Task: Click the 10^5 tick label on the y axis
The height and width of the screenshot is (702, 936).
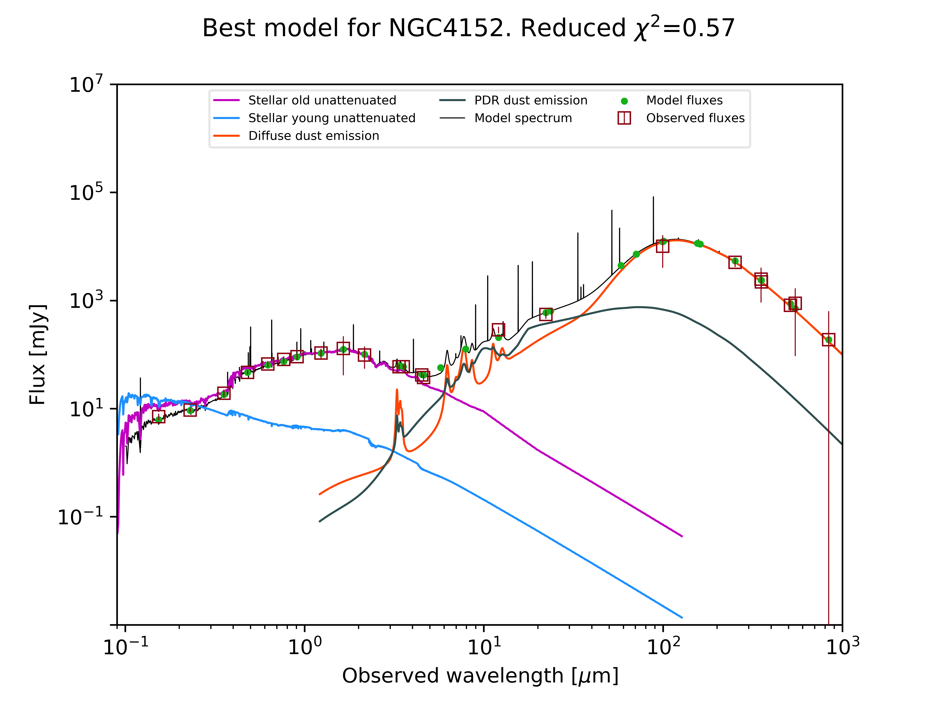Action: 86,193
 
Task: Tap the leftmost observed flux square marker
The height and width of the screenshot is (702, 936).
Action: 158,417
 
